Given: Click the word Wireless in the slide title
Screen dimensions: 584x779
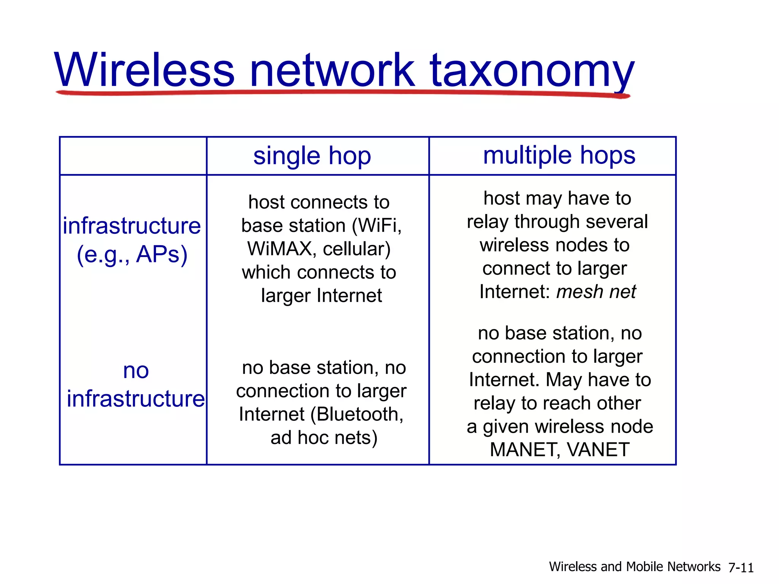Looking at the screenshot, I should click(x=144, y=71).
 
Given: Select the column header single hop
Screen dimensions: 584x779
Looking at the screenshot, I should click(x=312, y=156).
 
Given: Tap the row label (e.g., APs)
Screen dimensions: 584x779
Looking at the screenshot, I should click(x=132, y=254).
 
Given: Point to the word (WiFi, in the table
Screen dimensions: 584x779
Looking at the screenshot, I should click(x=377, y=225).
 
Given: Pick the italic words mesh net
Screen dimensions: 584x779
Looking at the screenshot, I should click(x=596, y=292).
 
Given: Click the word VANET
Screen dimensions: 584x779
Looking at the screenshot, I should click(x=598, y=450).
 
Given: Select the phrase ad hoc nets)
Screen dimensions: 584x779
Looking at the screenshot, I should click(x=324, y=438).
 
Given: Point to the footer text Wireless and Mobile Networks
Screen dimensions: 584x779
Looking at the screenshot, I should click(x=634, y=567).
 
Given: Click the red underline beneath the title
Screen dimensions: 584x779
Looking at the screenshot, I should click(x=342, y=92).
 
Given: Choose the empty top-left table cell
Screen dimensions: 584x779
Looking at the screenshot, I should click(x=133, y=156).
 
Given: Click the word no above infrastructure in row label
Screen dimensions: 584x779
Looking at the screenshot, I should click(x=136, y=370).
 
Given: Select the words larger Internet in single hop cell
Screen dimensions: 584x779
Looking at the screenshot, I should click(x=321, y=296).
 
